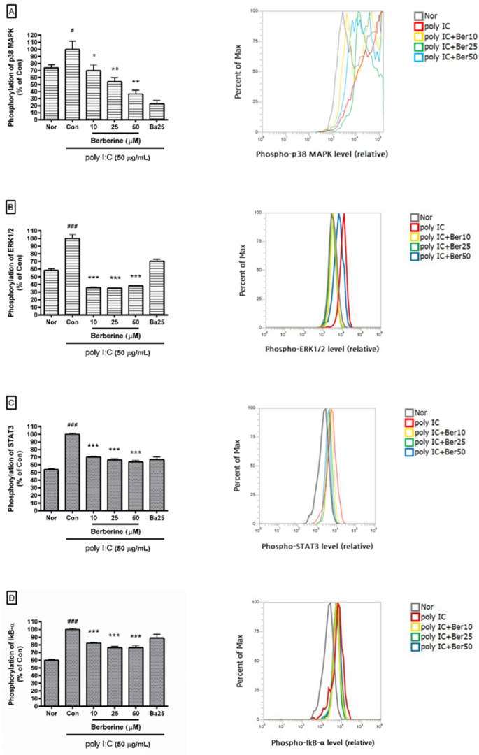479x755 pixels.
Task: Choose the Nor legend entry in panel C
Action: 426,412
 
